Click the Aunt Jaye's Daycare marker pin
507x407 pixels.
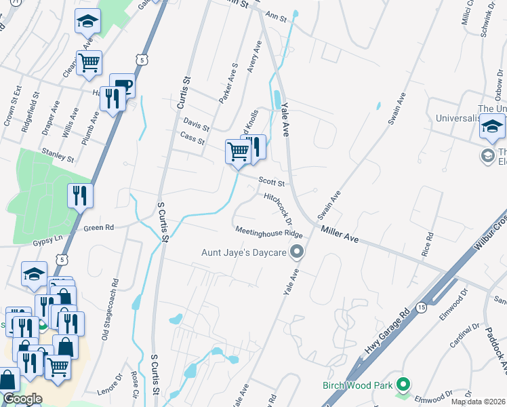[296, 253]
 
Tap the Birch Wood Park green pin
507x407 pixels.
[403, 385]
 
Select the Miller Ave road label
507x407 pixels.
[339, 235]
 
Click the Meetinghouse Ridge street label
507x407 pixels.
[268, 232]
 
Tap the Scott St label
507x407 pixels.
[274, 182]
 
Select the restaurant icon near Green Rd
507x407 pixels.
[80, 197]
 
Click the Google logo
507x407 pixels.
[22, 399]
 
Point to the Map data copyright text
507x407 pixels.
[479, 402]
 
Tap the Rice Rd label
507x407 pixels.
[426, 246]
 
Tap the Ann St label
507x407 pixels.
[277, 15]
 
